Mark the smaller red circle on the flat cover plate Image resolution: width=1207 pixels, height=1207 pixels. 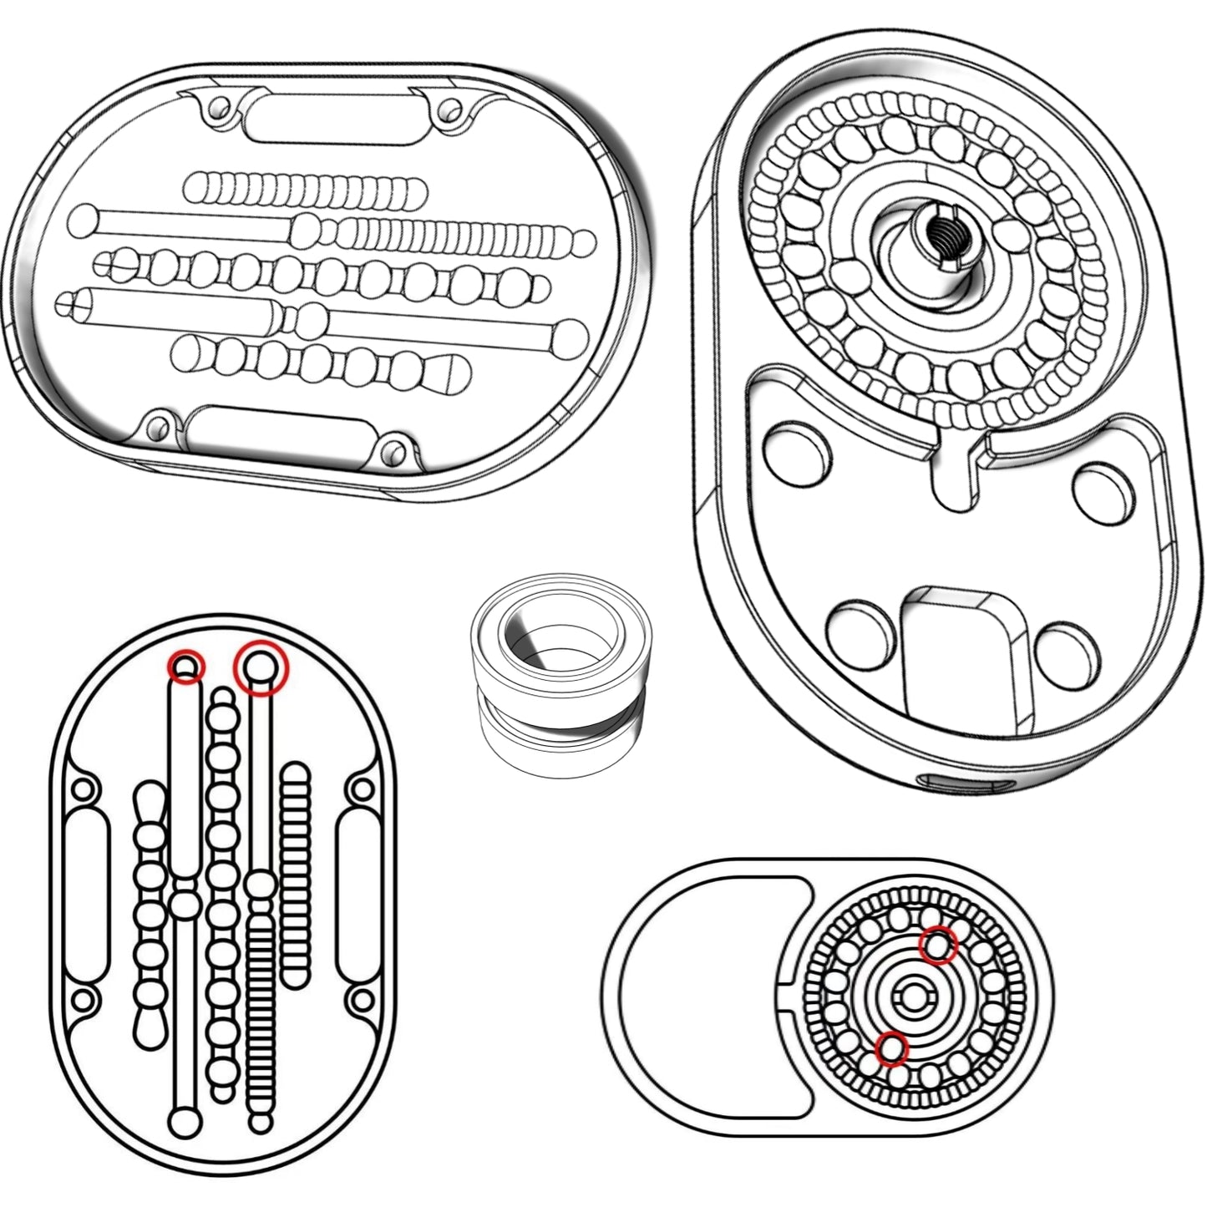tap(186, 667)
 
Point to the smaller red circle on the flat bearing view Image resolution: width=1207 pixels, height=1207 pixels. tap(892, 1049)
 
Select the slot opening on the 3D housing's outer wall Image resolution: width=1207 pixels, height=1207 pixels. tap(966, 784)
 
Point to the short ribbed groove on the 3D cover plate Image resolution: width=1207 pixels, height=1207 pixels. tap(305, 190)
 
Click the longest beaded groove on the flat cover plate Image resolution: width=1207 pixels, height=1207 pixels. tap(221, 894)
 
